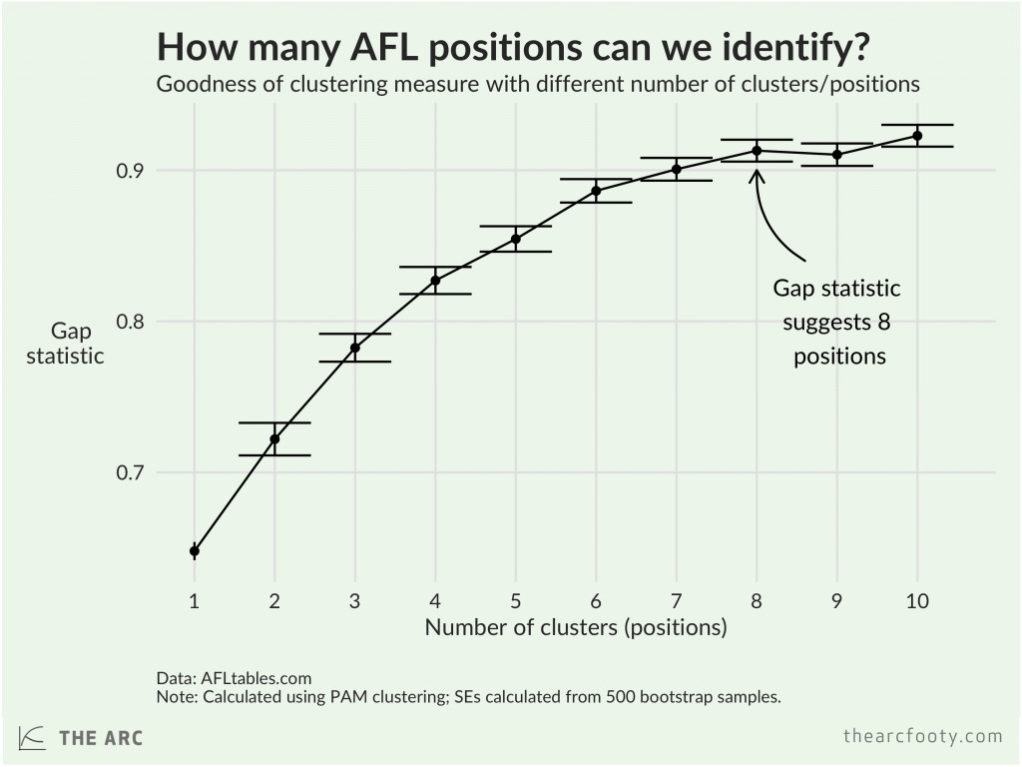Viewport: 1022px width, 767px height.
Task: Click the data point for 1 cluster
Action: point(195,550)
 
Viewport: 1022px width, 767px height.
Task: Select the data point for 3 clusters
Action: point(354,348)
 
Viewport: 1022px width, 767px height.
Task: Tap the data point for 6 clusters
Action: point(596,191)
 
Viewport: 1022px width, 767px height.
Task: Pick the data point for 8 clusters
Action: point(757,151)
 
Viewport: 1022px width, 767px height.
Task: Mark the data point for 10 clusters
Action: point(917,136)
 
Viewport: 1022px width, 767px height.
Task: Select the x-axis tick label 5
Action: point(515,601)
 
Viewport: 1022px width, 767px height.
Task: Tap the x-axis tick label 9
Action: point(836,601)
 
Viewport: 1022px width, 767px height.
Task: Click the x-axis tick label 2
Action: point(274,601)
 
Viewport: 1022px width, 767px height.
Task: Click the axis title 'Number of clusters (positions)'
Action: point(575,628)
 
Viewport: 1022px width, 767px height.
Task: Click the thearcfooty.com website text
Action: point(922,737)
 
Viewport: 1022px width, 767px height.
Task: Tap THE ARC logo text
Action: point(101,738)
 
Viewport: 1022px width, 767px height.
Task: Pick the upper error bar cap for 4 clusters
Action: point(435,267)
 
